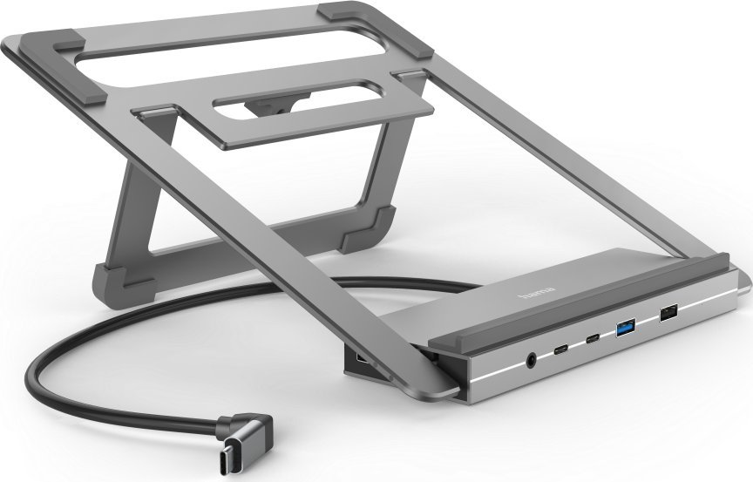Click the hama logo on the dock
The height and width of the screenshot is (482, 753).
(x=537, y=291)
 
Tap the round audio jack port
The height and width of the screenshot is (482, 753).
(x=531, y=360)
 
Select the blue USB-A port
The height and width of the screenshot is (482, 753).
(x=627, y=328)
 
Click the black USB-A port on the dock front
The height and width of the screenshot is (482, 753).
(x=669, y=313)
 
